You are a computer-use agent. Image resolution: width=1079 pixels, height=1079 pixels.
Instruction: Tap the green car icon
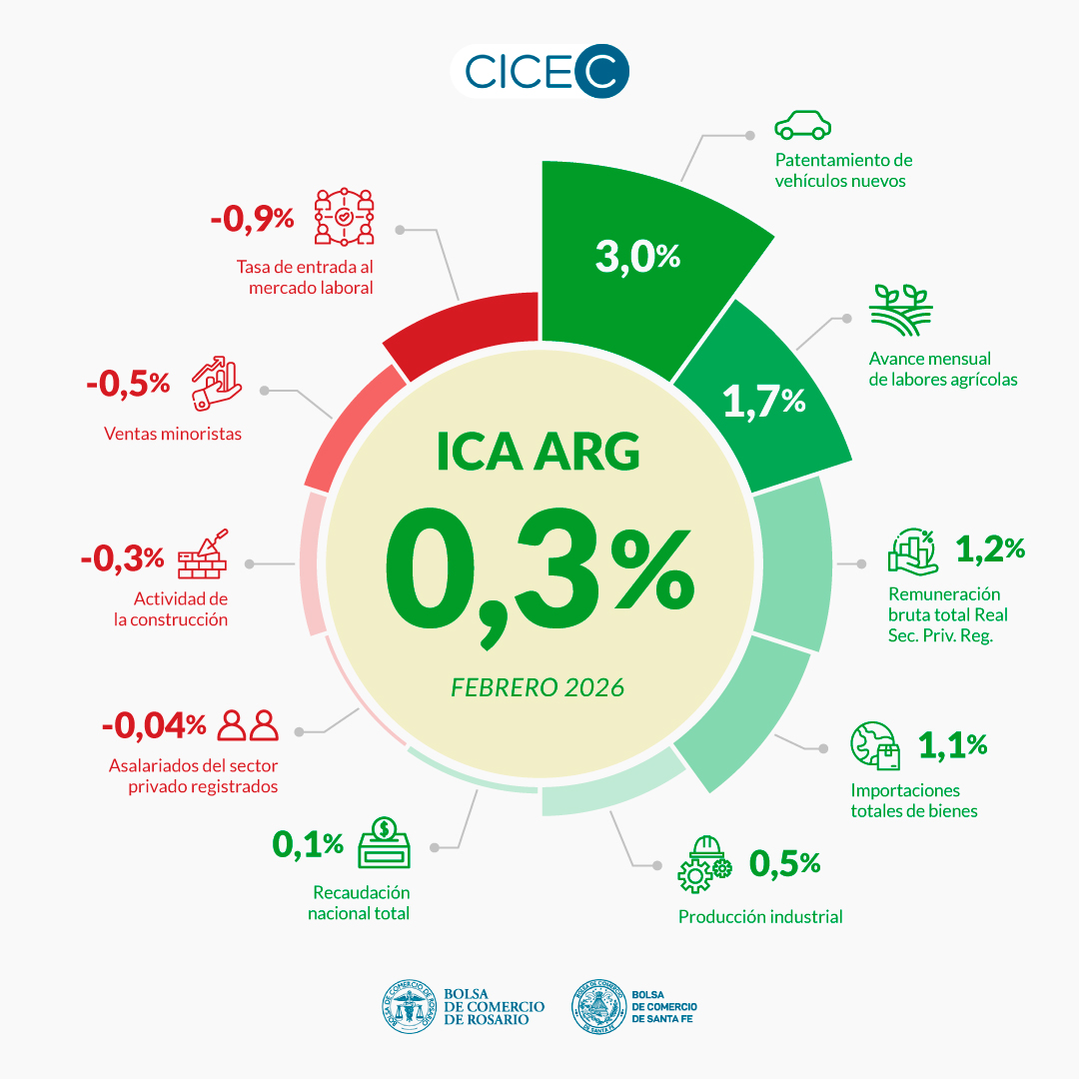803,126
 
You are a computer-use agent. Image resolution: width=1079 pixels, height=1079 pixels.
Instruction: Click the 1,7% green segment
764,400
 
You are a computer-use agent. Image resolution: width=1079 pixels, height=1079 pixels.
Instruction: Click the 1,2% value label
990,547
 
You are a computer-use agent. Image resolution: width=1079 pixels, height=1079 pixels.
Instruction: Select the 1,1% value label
952,744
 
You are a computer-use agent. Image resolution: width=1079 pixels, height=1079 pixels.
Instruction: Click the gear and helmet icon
704,864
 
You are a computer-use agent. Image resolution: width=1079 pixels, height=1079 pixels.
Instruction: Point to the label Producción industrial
760,916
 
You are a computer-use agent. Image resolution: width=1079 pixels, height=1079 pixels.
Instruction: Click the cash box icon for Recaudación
388,845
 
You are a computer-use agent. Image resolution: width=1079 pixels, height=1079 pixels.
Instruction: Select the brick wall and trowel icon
203,554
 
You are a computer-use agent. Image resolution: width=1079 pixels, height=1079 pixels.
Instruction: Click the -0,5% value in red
128,383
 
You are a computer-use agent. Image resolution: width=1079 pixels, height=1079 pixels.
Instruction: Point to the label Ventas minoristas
173,434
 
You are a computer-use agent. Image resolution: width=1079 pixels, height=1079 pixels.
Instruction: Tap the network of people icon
344,217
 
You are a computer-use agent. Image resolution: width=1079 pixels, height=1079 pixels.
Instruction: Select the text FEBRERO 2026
538,687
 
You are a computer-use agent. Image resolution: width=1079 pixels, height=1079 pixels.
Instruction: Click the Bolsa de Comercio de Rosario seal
410,1006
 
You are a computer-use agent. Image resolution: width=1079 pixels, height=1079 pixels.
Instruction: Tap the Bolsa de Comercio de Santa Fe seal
598,1006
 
